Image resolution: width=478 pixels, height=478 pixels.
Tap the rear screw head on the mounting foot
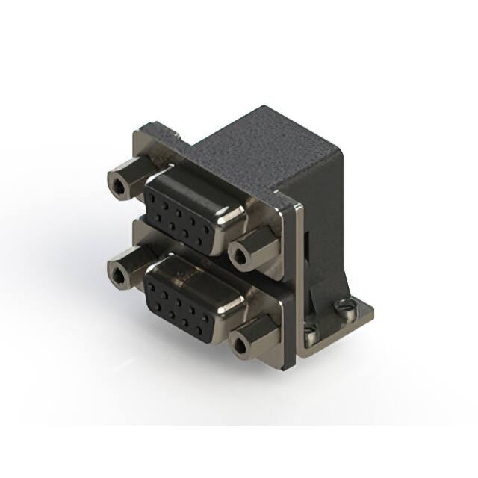[344, 305]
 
